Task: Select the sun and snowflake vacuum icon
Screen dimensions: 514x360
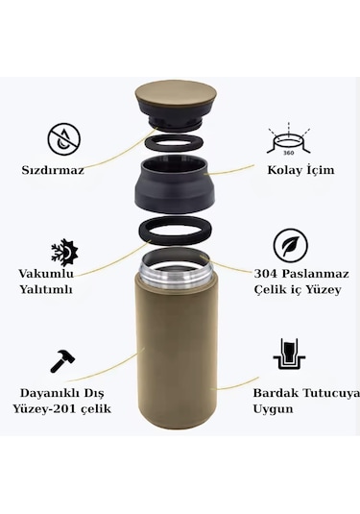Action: coord(65,252)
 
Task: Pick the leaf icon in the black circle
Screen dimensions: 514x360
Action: coord(289,245)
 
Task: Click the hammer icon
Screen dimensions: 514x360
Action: coord(63,361)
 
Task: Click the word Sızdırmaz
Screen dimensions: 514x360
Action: coord(54,171)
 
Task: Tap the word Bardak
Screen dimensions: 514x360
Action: coord(268,392)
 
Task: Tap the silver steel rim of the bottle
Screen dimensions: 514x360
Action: coord(177,269)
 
